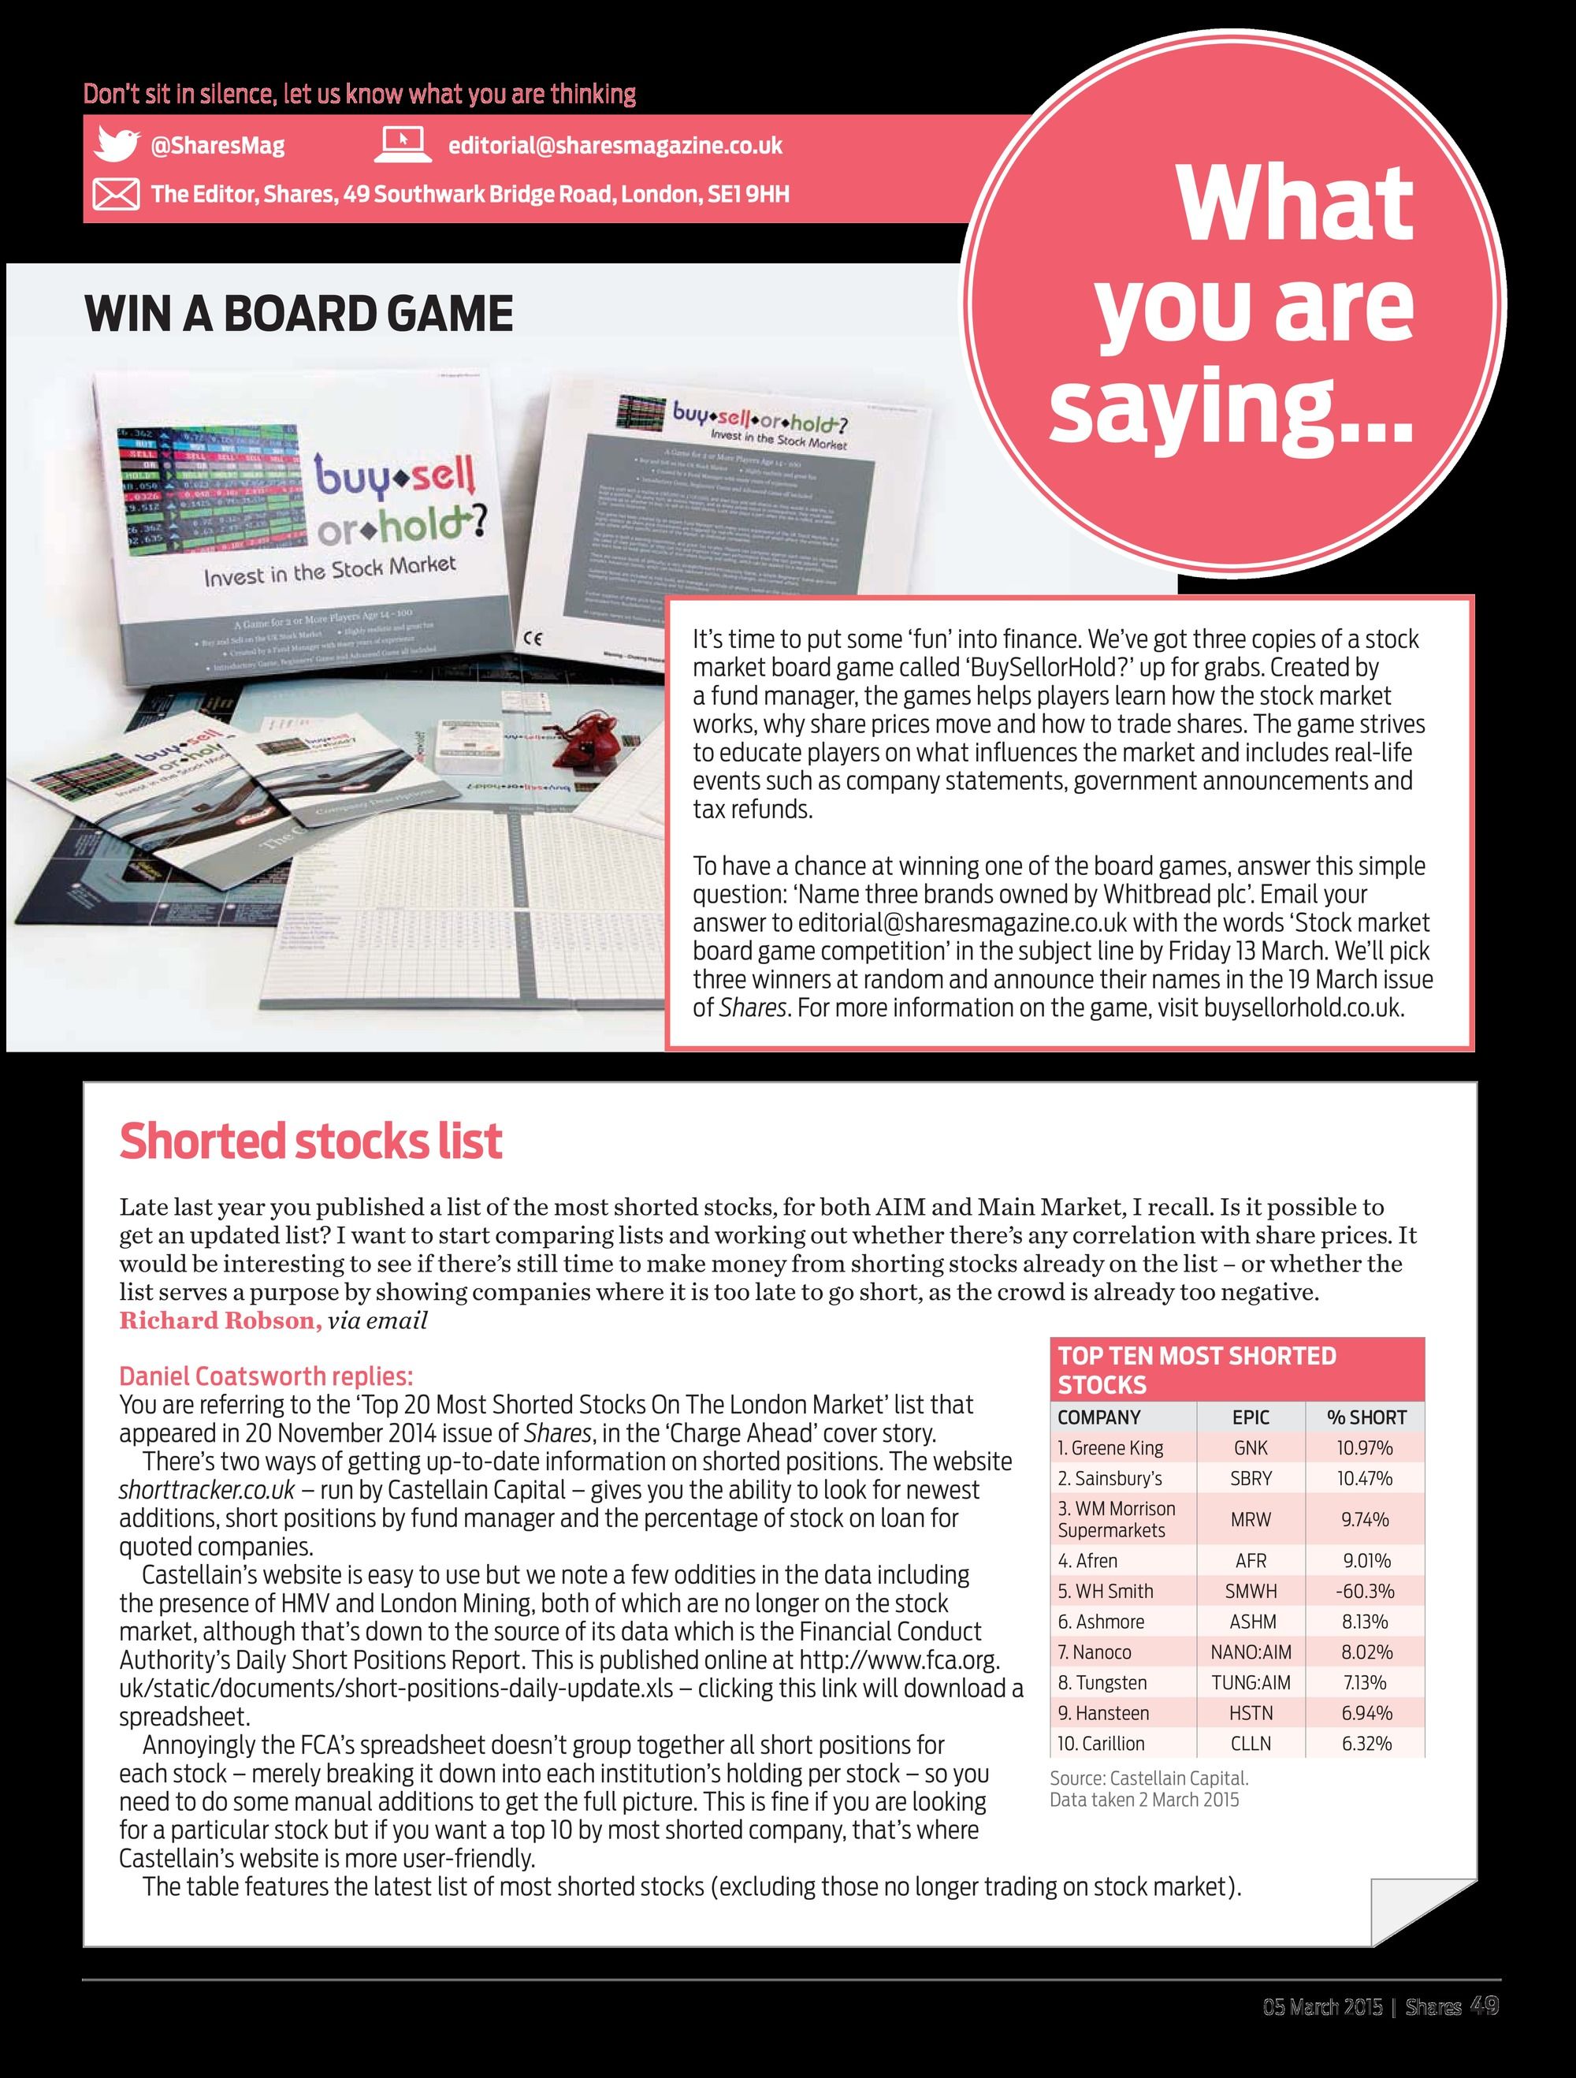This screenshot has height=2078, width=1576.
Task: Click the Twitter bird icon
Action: click(117, 145)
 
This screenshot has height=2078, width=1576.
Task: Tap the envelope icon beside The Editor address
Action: click(116, 195)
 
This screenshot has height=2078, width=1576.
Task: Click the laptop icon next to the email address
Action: click(402, 145)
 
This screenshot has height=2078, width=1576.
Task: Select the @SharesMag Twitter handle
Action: click(217, 146)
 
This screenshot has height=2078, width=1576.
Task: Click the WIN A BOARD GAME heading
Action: click(299, 314)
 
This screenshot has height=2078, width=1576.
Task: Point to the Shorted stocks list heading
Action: click(311, 1141)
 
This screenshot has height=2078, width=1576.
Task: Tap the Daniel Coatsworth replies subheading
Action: click(266, 1376)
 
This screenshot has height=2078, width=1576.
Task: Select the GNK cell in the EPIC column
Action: click(1250, 1447)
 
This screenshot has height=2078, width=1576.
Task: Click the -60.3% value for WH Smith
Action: click(1365, 1591)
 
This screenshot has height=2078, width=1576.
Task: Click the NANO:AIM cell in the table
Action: click(1250, 1652)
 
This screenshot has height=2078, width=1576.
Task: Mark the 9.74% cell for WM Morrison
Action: click(1365, 1519)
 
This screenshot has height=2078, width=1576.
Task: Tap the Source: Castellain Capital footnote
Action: click(1149, 1778)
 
